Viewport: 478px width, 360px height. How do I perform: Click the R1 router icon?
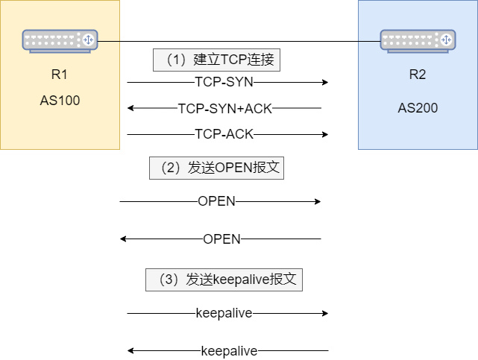tap(60, 40)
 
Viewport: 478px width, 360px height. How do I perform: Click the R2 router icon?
tap(418, 40)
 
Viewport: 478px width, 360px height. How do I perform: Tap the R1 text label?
tap(60, 75)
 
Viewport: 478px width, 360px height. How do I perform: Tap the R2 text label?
tap(418, 75)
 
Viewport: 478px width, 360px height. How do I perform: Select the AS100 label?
tap(60, 101)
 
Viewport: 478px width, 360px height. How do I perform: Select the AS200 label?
tap(418, 108)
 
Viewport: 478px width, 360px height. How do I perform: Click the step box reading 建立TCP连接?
tap(216, 60)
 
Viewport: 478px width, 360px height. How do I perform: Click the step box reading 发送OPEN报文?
tap(216, 168)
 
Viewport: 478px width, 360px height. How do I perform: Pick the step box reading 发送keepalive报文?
tap(224, 280)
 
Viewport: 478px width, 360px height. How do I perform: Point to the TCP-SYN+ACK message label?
tap(225, 108)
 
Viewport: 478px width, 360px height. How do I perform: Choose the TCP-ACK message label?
tap(224, 134)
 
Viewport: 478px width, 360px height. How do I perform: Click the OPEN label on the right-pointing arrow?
tap(216, 201)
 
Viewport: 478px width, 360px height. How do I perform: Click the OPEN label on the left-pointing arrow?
tap(221, 239)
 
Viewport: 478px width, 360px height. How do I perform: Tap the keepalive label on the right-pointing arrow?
tap(224, 313)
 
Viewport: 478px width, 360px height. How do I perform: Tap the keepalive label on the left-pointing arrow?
tap(229, 350)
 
